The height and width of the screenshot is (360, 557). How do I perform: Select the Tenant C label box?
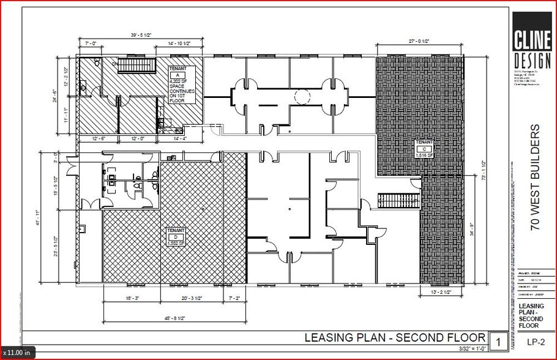pos(424,148)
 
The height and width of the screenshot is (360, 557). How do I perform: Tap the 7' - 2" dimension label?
pos(234,298)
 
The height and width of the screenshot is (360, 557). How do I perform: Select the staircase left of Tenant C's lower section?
pos(397,200)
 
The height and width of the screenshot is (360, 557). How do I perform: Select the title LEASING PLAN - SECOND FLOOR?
pos(395,339)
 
